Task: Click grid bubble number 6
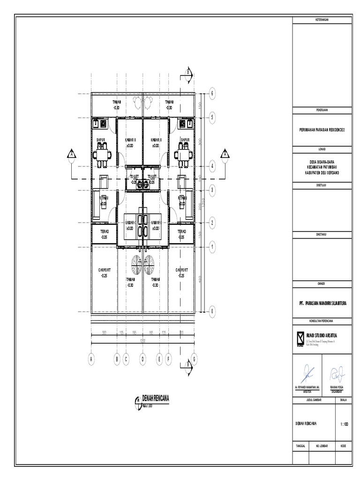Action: (212, 93)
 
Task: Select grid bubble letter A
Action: (91, 359)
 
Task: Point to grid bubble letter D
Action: (142, 359)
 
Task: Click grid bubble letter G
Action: (194, 359)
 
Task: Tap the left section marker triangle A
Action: (72, 154)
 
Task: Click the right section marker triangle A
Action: (225, 154)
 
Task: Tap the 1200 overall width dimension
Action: (142, 341)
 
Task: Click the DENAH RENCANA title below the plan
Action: (154, 398)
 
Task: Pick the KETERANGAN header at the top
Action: (322, 20)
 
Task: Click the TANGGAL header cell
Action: (300, 447)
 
